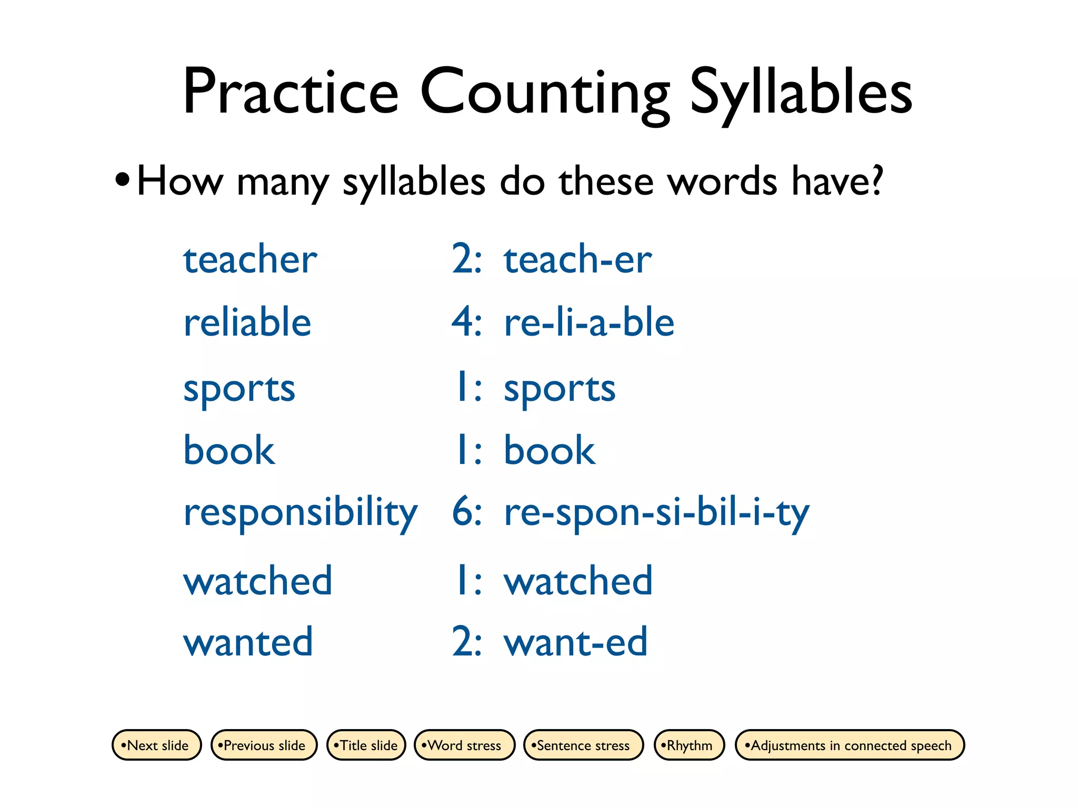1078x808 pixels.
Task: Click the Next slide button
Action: coord(156,745)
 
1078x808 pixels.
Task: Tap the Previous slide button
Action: coord(264,745)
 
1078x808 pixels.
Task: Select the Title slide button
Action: coord(366,745)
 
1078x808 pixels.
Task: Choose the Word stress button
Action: coord(464,745)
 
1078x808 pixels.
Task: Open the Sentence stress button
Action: coord(583,745)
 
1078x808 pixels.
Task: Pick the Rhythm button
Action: coord(689,745)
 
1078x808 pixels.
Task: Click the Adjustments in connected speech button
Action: coord(850,745)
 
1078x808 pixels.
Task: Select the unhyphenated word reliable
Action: coord(247,322)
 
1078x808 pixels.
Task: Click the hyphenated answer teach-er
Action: coord(577,259)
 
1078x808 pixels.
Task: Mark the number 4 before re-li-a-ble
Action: coord(463,322)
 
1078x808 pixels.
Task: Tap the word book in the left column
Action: coord(229,450)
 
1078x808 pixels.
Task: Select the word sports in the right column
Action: coord(560,390)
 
